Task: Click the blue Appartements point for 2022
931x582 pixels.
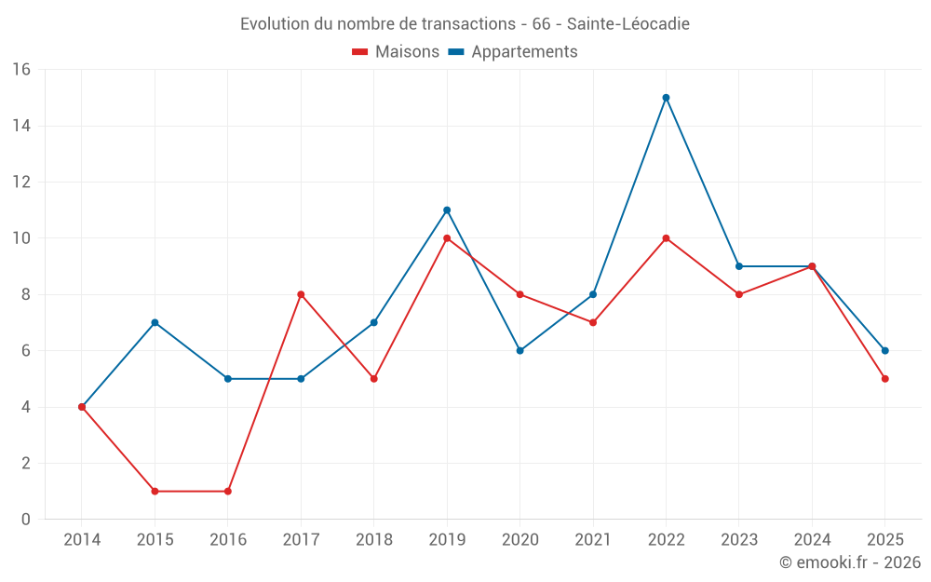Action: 666,98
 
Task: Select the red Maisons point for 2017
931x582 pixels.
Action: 301,294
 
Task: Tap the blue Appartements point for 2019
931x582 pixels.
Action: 447,210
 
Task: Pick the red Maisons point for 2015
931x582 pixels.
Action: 155,491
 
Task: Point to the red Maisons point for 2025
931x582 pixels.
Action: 885,379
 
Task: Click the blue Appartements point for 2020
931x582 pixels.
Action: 520,351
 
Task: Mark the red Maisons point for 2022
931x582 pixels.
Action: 666,238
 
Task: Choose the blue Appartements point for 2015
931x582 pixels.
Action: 155,323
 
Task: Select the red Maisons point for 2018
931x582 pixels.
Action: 373,379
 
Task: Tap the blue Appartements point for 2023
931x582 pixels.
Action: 739,266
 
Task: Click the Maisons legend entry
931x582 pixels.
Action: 397,52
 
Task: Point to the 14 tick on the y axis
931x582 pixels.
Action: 21,126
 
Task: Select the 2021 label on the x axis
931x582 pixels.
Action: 593,540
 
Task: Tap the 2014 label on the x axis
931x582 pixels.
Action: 82,540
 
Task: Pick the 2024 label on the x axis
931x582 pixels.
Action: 812,540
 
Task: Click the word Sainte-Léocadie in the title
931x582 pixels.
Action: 628,24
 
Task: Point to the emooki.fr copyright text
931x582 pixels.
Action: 850,562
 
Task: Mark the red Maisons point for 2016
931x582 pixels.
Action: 228,491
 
